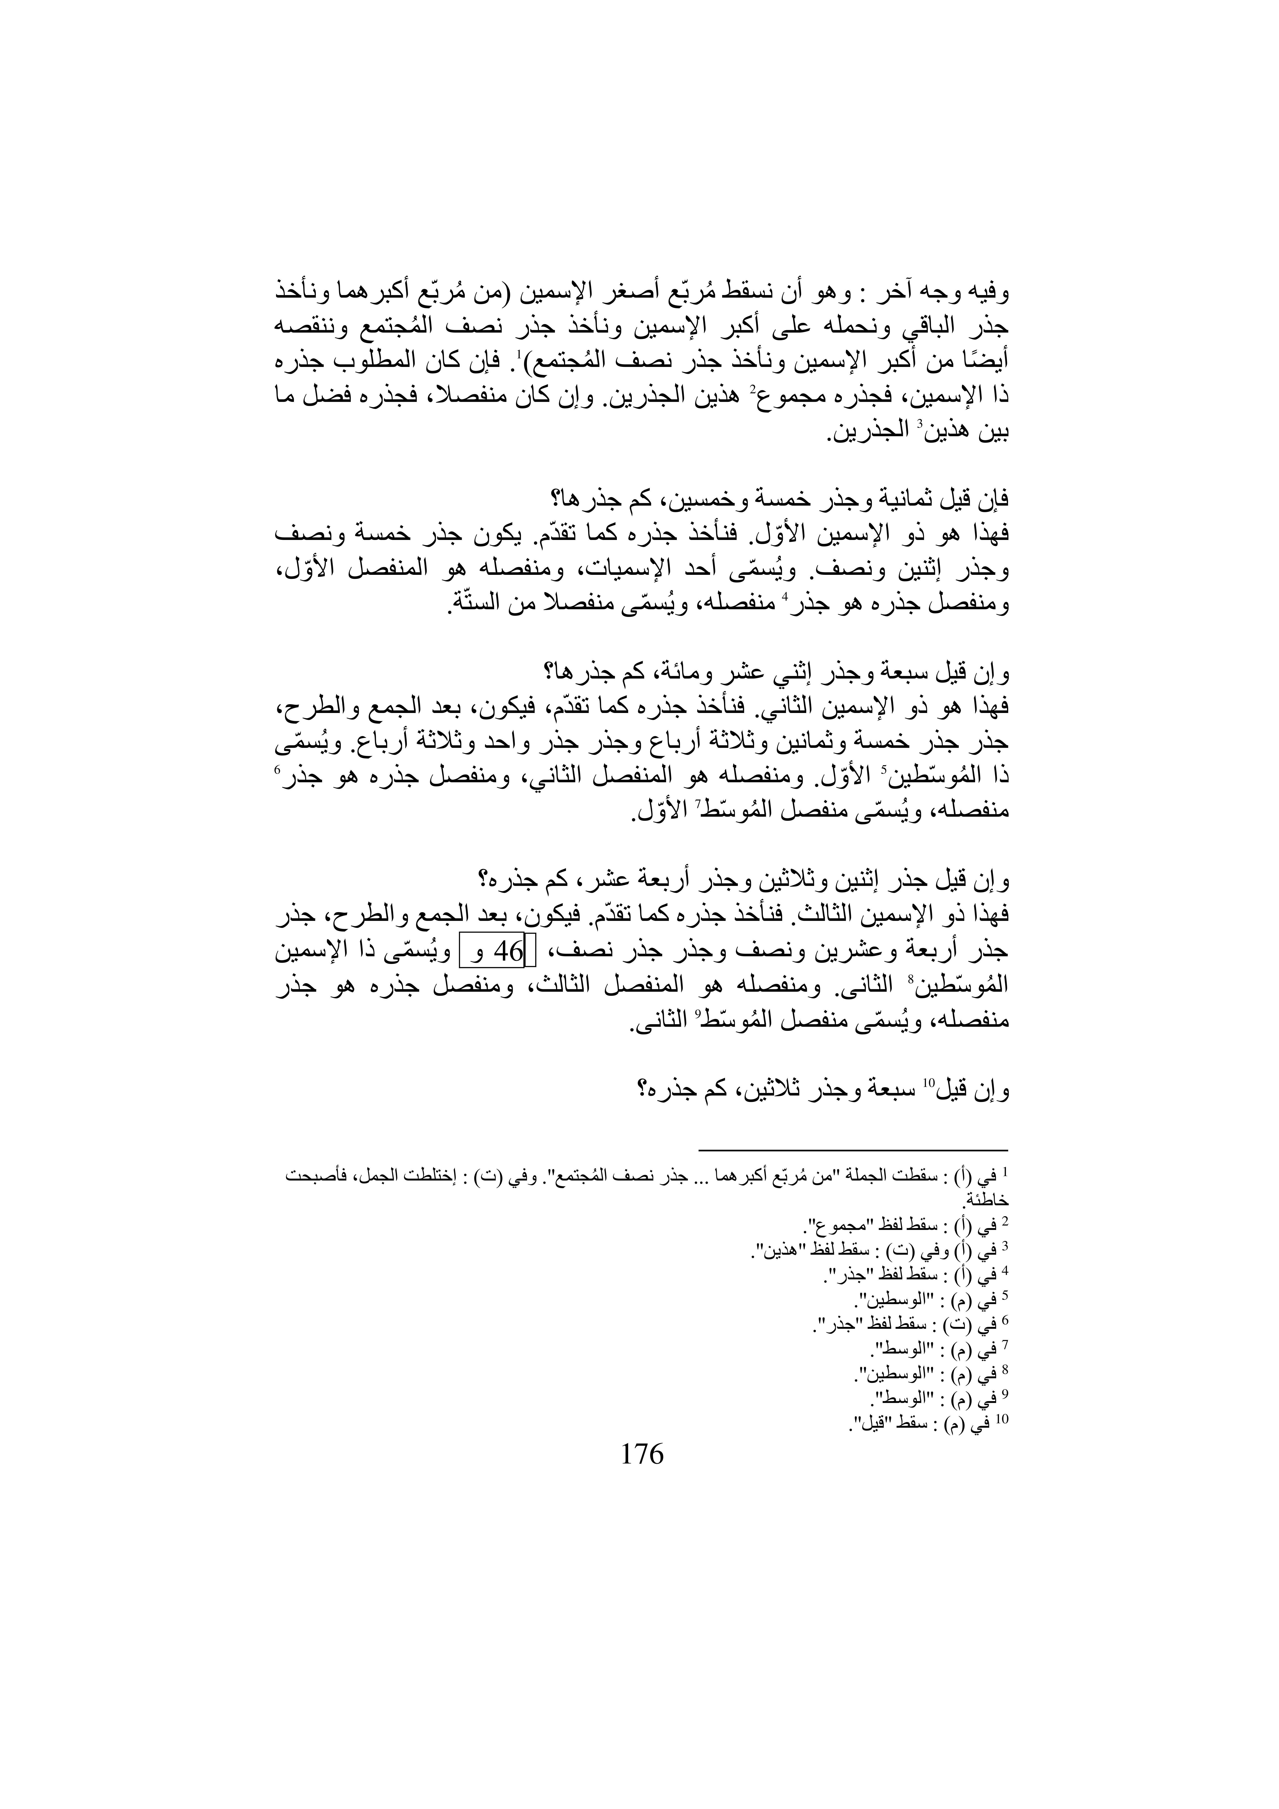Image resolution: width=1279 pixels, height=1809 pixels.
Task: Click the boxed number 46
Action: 508,952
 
